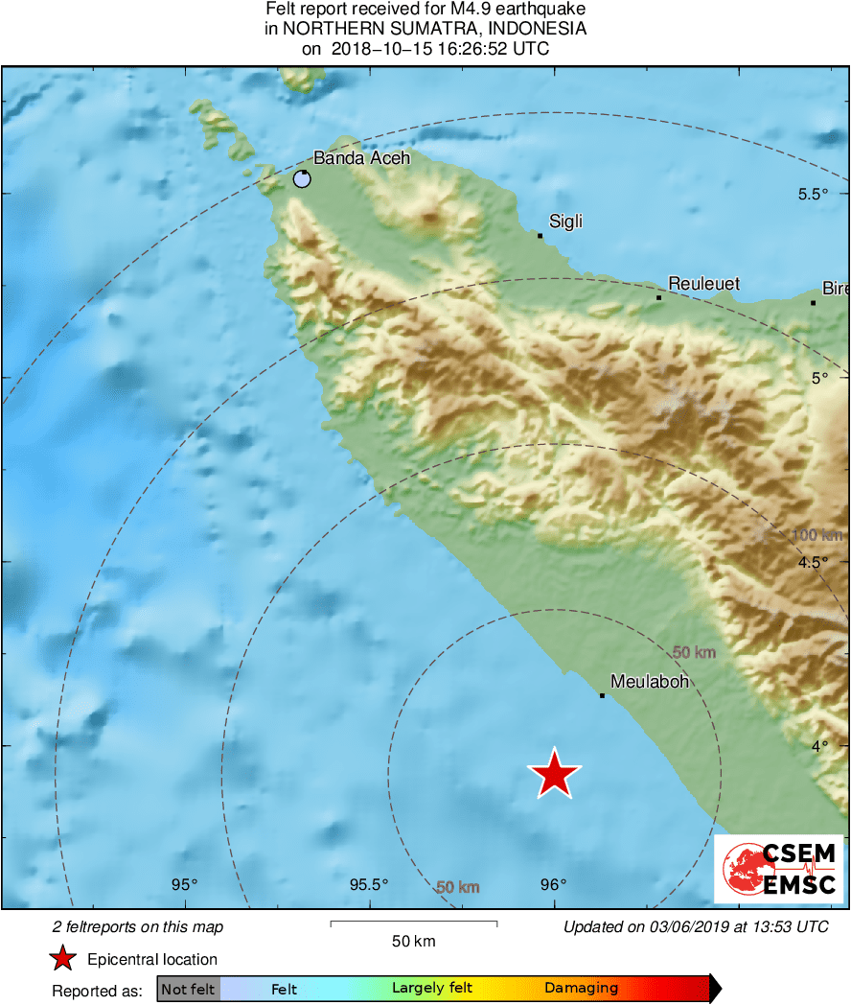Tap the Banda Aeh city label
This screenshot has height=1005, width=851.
[362, 158]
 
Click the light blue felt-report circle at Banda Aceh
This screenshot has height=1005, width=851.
[302, 178]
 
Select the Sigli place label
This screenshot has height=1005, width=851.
[565, 222]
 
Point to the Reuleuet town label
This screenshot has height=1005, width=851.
[704, 284]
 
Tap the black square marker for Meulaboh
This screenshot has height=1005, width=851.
[602, 695]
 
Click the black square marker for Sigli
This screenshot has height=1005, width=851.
[540, 236]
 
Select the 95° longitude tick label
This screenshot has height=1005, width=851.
[185, 884]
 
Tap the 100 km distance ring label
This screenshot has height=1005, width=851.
[817, 534]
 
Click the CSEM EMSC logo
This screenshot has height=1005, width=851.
[778, 869]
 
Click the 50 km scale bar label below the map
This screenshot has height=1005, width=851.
[414, 941]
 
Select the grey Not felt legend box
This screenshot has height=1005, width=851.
[189, 989]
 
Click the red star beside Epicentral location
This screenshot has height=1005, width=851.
[62, 958]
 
